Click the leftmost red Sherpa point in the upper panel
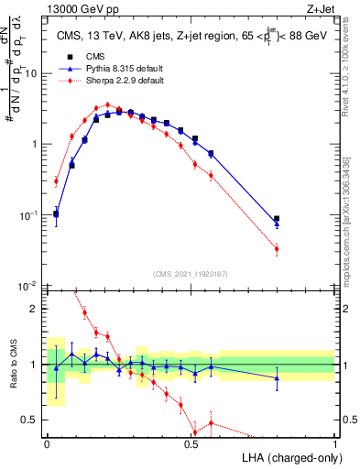[56, 180]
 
